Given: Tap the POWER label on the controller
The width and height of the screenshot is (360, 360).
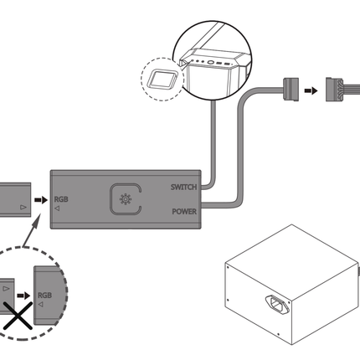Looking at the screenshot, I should pyautogui.click(x=183, y=211).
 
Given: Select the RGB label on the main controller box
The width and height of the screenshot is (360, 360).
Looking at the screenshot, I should pyautogui.click(x=61, y=200).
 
